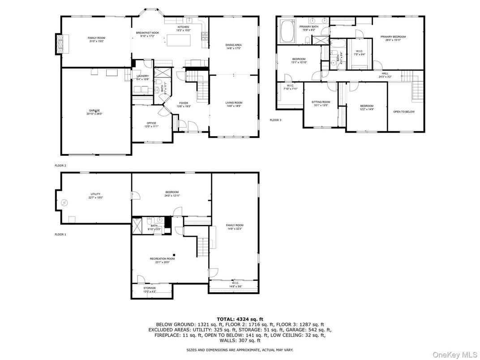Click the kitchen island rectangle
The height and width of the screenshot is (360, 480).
[x=184, y=40]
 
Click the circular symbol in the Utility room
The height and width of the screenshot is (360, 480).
[x=65, y=203]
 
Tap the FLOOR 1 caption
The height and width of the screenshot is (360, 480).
[x=60, y=234]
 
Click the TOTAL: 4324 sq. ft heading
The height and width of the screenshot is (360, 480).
[x=240, y=319]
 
